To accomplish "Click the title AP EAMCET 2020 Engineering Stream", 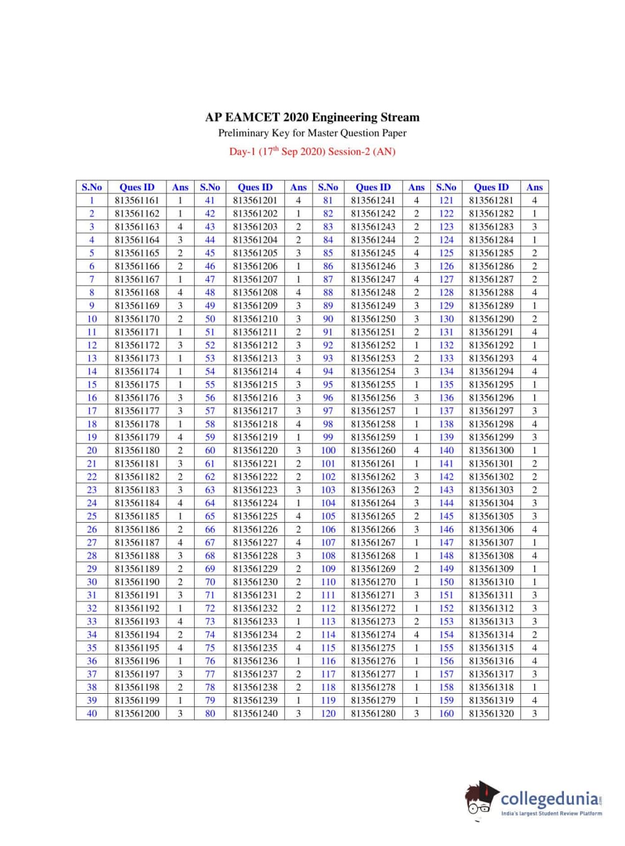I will coord(312,117).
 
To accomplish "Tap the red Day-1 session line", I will coord(312,152).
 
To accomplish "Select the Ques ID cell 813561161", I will coord(137,200).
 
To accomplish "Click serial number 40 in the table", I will coord(92,713).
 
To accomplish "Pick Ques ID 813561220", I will coord(255,450).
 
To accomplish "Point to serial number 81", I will coord(328,200).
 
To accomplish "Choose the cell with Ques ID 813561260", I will coord(373,450).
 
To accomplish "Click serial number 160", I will coord(446,713).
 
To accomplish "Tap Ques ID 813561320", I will coord(492,713).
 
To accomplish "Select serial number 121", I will coord(446,200).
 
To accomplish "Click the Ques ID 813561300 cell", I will coord(492,450).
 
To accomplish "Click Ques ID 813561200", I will coord(137,713).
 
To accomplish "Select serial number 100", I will coord(328,450).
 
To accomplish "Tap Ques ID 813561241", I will coord(373,200).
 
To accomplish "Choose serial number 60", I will coord(210,450).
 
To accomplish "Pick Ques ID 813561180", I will coord(137,450).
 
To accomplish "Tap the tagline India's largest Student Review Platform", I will coord(551,814).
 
